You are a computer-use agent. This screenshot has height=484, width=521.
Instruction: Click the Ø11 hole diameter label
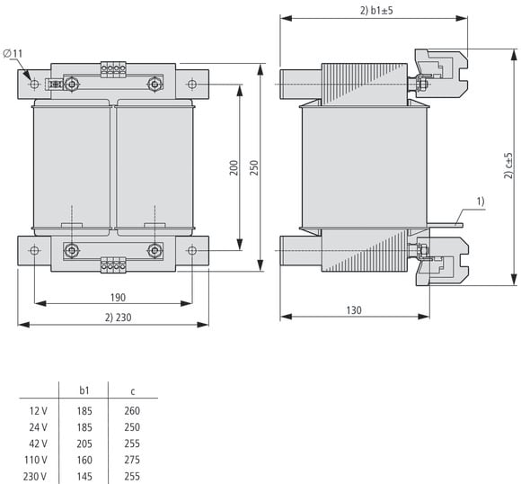pos(13,53)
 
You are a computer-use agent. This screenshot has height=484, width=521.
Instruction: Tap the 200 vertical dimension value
pos(234,167)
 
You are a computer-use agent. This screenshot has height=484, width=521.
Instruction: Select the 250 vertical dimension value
pos(254,167)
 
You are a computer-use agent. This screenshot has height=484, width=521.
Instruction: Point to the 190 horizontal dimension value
pos(118,297)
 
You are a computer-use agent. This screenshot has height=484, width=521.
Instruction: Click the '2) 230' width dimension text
pos(119,318)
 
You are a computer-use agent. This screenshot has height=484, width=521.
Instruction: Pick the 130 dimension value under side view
pos(354,310)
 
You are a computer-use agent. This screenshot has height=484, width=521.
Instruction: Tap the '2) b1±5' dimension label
pos(376,10)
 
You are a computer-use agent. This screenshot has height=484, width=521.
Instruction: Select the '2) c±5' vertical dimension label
pos(508,166)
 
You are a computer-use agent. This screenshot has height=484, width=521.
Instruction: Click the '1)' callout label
pos(481,202)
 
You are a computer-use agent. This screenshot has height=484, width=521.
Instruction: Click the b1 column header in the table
pos(84,390)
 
